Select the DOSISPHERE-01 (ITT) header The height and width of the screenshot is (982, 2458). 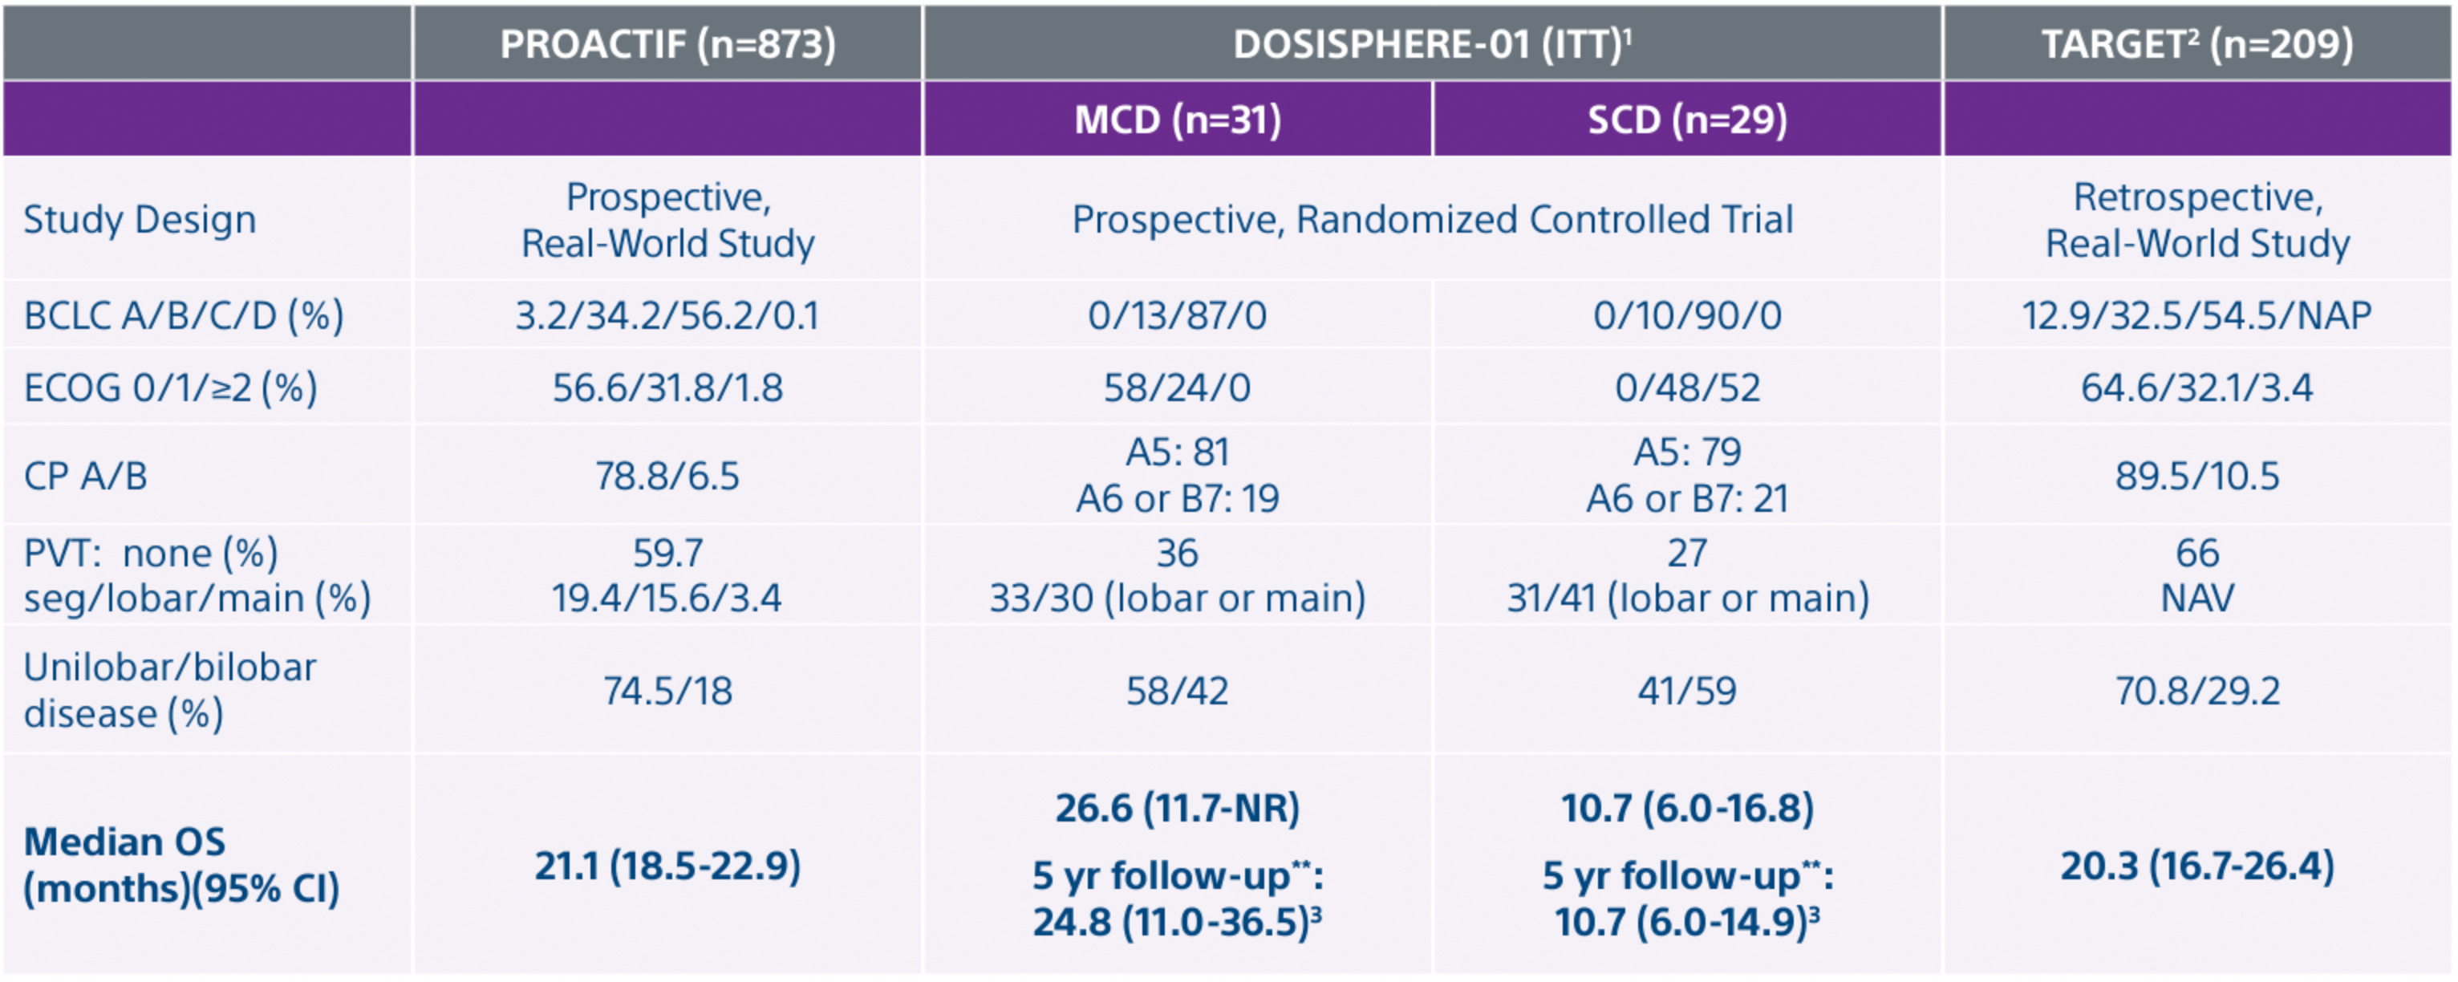[x=1431, y=44]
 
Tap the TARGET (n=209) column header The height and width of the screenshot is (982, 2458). [x=2196, y=44]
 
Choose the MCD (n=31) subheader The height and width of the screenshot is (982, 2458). [x=1178, y=120]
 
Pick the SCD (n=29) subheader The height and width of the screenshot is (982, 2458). [x=1687, y=120]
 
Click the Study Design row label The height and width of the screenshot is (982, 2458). [x=140, y=220]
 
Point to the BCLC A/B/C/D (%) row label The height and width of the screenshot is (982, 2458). [x=183, y=315]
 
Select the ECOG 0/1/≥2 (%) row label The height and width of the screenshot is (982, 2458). [x=170, y=388]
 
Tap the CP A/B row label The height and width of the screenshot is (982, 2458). [x=86, y=475]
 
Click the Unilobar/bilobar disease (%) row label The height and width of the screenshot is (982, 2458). [x=170, y=690]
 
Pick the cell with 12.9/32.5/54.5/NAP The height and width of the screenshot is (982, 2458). [x=2196, y=315]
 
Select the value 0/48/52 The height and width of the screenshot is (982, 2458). [x=1687, y=388]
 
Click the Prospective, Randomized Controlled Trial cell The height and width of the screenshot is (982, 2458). [x=1431, y=220]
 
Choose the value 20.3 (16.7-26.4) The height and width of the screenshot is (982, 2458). [x=2196, y=866]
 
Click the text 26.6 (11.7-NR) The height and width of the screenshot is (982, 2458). [x=1178, y=809]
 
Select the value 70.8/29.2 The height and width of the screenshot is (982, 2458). [x=2196, y=690]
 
